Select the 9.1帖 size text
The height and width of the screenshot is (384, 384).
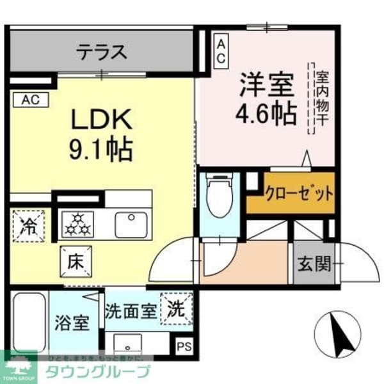point(100,150)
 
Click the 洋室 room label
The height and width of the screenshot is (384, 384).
point(267,84)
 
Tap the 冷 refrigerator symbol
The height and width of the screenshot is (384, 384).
point(28,226)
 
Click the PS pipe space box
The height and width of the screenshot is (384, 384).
point(184,346)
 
